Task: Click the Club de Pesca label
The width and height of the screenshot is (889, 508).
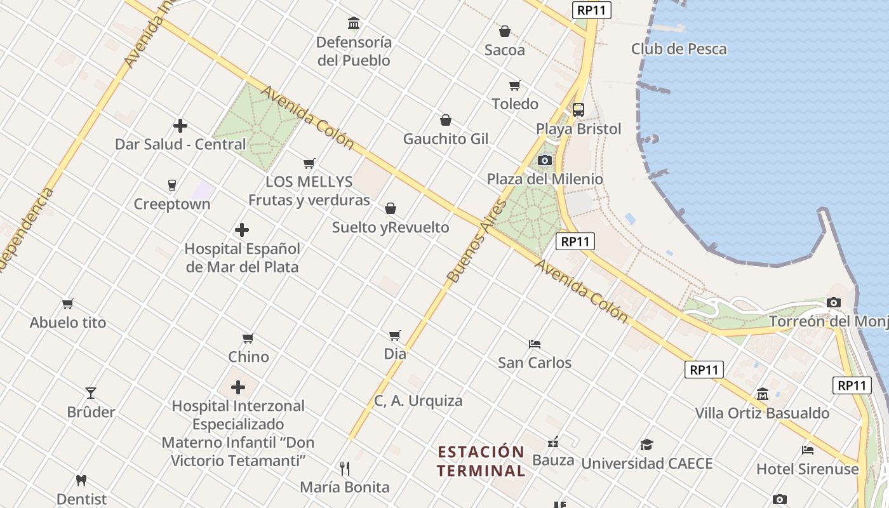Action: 678,49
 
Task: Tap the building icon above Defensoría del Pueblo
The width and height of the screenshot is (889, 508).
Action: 354,23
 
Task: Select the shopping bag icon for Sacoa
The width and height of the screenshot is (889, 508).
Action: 505,31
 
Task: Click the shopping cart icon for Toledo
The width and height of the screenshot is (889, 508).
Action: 514,85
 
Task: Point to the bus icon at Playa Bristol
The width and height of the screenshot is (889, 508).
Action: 578,109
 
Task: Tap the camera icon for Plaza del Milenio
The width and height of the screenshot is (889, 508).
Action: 544,160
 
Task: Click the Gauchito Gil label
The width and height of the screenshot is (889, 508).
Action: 446,138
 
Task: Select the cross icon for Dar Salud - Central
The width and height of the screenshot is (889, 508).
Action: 180,126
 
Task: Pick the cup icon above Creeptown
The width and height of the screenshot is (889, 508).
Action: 171,185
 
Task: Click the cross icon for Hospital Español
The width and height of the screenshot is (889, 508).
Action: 241,230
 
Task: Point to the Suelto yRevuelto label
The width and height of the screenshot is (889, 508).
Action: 390,227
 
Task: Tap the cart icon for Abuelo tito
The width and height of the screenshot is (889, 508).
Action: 68,304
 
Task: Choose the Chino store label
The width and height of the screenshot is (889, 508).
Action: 248,357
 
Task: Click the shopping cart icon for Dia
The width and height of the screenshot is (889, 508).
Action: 394,335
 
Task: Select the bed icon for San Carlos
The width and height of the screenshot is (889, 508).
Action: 535,344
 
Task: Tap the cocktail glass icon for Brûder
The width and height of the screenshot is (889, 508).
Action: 91,393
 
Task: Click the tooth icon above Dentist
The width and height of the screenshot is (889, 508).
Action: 81,481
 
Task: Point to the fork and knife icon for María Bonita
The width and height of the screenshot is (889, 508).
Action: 345,469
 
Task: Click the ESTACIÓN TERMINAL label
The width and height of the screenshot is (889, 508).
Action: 481,462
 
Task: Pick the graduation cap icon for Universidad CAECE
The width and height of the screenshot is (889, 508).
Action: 646,444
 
